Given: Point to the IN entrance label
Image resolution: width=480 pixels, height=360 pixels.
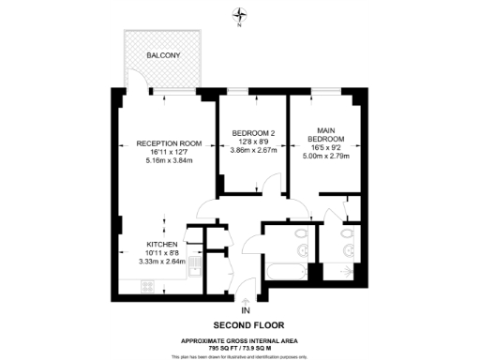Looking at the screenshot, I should (x=246, y=309).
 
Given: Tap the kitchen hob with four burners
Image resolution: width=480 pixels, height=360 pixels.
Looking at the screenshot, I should (x=148, y=288).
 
